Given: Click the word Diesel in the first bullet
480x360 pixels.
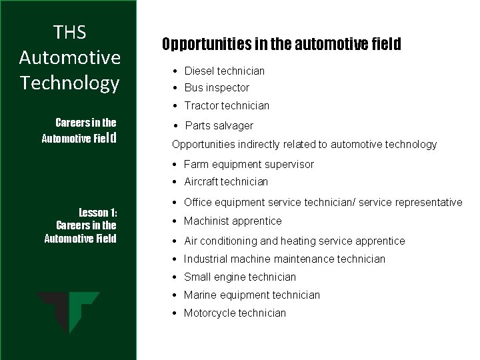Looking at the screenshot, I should (199, 71).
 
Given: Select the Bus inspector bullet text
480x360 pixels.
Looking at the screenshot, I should (216, 88).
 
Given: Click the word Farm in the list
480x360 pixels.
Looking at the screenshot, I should (195, 164).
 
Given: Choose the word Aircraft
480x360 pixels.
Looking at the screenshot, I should (201, 181).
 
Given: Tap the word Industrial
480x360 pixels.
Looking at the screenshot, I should (206, 259).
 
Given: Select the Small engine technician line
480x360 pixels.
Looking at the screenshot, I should (239, 277).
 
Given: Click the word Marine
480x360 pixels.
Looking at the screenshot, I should (200, 295).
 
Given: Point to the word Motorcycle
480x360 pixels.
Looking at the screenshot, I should (209, 313).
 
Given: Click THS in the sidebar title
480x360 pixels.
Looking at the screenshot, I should (70, 32).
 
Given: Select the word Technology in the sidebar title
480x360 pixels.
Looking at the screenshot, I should (70, 83).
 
